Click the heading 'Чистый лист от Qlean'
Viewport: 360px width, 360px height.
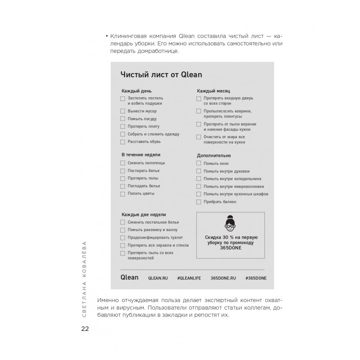[x=161, y=75]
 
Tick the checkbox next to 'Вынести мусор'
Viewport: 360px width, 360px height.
[x=123, y=111]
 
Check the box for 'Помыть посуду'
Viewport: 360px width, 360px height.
[x=123, y=119]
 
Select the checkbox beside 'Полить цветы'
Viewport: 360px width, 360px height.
[x=123, y=194]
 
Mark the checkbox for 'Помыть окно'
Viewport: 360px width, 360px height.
[x=199, y=163]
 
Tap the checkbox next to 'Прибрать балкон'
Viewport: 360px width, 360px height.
[x=199, y=202]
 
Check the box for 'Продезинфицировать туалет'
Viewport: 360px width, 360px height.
[x=123, y=238]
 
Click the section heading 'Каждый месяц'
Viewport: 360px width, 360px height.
[x=213, y=91]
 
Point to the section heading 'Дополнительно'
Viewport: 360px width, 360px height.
[x=214, y=156]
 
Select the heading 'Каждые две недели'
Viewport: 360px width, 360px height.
[x=144, y=215]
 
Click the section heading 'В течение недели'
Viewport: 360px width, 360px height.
[x=141, y=155]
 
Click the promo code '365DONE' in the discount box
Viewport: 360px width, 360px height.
[x=231, y=248]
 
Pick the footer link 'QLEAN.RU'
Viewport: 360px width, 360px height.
[x=158, y=278]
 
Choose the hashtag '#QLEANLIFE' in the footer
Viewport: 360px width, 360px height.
[x=189, y=278]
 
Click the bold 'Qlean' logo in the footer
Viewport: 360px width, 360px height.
[x=130, y=277]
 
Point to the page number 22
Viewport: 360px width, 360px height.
[x=85, y=329]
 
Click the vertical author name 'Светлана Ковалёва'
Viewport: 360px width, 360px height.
[x=84, y=279]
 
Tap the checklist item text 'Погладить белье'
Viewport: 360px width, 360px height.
[x=144, y=186]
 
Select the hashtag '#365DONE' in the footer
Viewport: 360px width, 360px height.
[x=256, y=278]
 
